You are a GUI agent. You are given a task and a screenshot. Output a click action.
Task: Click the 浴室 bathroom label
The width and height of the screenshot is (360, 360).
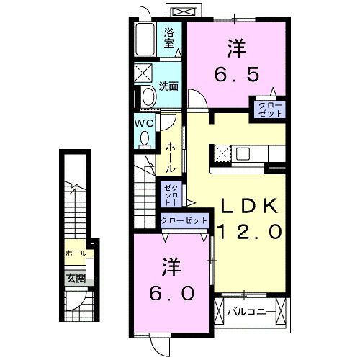[x=170, y=37]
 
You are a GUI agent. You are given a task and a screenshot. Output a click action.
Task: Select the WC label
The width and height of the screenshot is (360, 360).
[x=143, y=122]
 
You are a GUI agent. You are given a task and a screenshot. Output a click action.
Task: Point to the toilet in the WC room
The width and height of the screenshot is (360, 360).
[x=145, y=136]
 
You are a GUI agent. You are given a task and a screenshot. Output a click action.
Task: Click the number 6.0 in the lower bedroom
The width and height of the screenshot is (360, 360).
[x=172, y=294]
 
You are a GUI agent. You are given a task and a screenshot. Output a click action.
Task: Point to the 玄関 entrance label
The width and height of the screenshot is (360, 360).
[x=76, y=278]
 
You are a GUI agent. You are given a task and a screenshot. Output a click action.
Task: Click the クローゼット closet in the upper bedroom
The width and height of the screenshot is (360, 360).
[x=266, y=109]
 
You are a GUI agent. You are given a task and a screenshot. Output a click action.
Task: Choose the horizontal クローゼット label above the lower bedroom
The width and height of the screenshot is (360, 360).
[x=184, y=220]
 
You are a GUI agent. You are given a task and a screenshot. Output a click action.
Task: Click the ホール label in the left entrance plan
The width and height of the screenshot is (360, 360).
[x=75, y=253]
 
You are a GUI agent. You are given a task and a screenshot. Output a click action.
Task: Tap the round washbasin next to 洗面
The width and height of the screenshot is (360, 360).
[x=148, y=96]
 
